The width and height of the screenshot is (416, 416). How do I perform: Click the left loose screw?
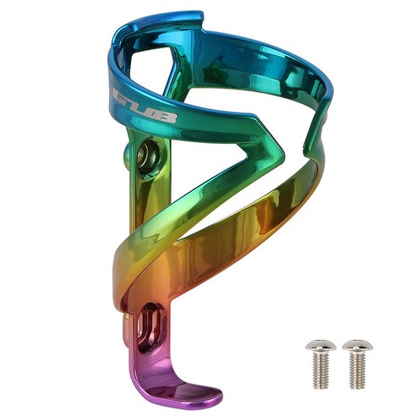pyautogui.click(x=321, y=364)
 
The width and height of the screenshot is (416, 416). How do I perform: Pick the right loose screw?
pyautogui.click(x=358, y=364)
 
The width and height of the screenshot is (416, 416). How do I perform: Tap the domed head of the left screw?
pyautogui.click(x=321, y=345)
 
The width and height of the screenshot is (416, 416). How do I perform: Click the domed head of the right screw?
pyautogui.click(x=358, y=345)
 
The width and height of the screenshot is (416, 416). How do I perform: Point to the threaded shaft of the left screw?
pyautogui.click(x=320, y=370)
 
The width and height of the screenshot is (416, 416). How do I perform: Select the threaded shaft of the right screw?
pyautogui.click(x=358, y=370)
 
